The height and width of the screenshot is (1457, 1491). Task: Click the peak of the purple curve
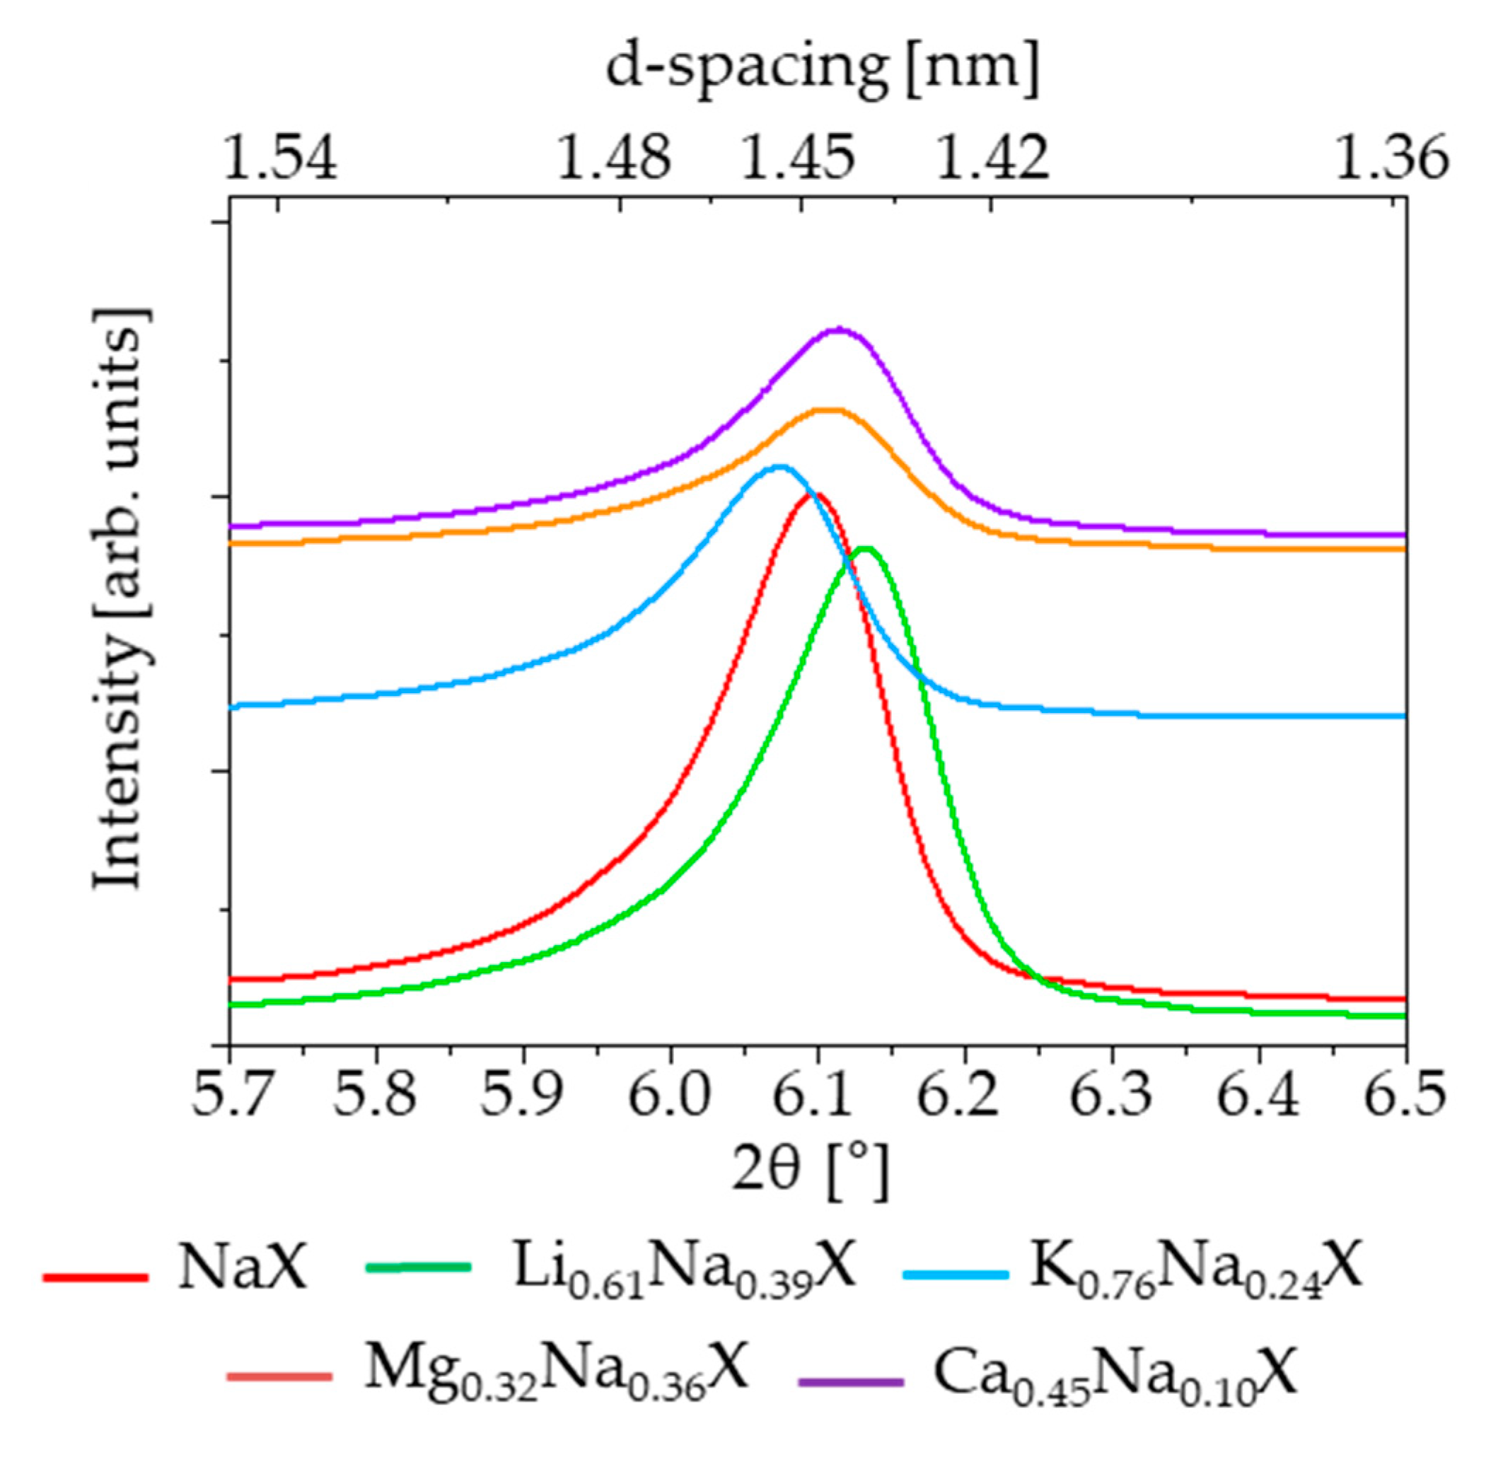(840, 330)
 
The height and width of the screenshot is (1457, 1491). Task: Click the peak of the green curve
(866, 549)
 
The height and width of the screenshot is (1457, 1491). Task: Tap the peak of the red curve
(816, 494)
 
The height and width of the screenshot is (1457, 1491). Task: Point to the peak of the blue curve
(779, 466)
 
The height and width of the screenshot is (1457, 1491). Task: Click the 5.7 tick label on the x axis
(229, 1095)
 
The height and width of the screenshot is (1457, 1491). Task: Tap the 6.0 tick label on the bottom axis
(670, 1095)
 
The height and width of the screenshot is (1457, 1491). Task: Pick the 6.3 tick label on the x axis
(1110, 1095)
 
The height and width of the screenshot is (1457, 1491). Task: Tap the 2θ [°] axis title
(811, 1173)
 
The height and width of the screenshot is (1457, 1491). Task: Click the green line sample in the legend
(419, 1268)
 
